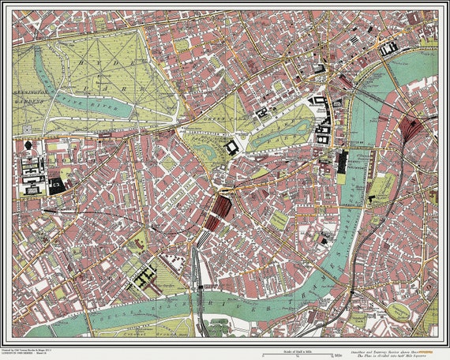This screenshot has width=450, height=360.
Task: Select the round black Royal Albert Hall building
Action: (29, 145)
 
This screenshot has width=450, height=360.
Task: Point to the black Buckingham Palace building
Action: (231, 148)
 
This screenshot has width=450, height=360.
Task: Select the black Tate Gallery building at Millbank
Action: (324, 235)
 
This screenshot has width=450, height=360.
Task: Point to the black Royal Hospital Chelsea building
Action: (145, 276)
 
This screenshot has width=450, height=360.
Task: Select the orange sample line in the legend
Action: (429, 349)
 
